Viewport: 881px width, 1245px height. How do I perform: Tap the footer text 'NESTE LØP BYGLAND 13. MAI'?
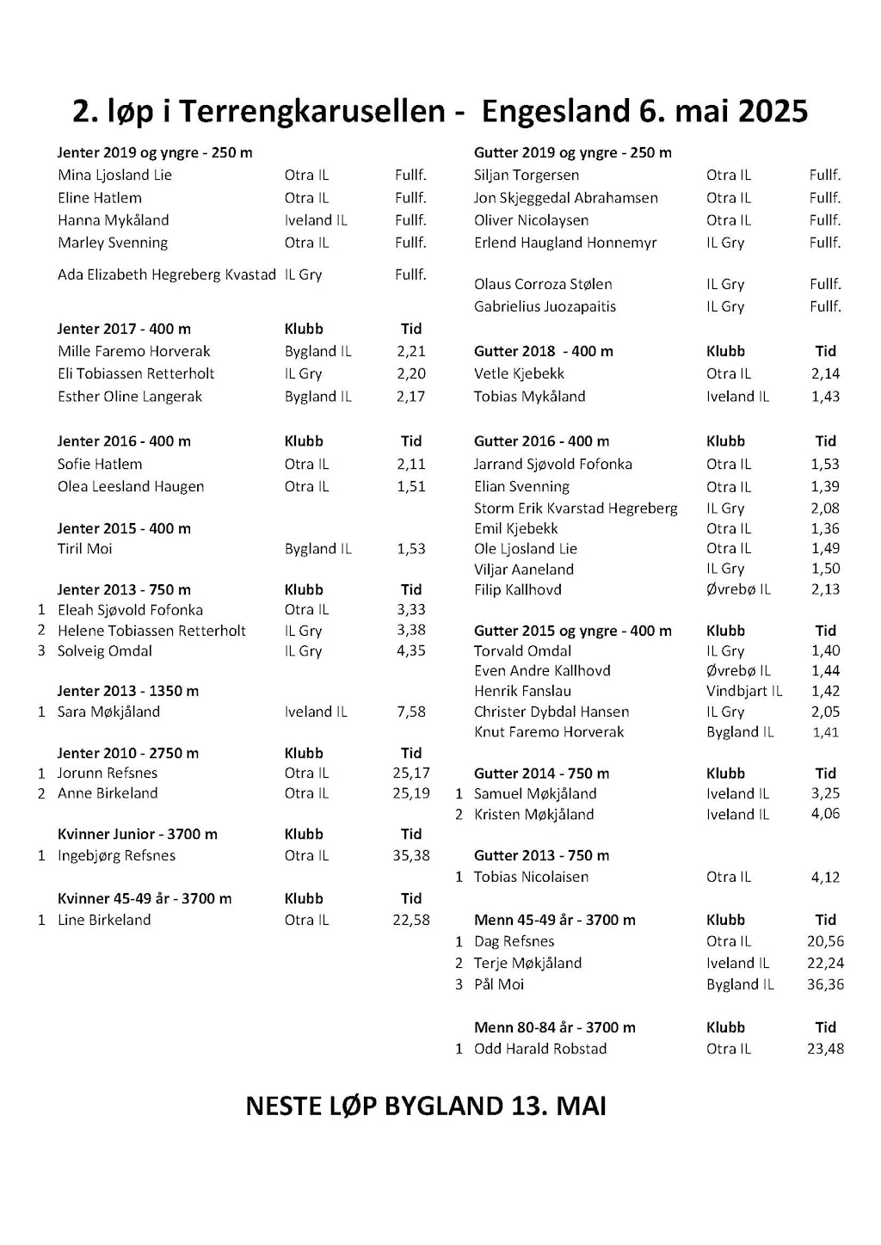pyautogui.click(x=426, y=1106)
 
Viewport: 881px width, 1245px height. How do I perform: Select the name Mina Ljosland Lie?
pyautogui.click(x=114, y=176)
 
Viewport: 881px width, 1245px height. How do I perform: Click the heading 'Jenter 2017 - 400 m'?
pyautogui.click(x=124, y=329)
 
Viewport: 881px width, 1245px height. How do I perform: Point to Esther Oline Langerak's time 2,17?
pyautogui.click(x=411, y=397)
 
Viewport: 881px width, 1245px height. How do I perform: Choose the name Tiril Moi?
pyautogui.click(x=84, y=549)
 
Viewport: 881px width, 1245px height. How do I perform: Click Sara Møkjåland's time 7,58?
pyautogui.click(x=411, y=712)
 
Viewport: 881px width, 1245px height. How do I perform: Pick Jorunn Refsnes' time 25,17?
pyautogui.click(x=411, y=773)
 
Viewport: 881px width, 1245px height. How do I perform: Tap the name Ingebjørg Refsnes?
pyautogui.click(x=116, y=855)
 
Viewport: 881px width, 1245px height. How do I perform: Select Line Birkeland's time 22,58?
pyautogui.click(x=411, y=920)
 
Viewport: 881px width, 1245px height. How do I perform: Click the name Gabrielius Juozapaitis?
pyautogui.click(x=545, y=306)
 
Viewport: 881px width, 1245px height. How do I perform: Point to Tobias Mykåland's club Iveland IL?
pyautogui.click(x=737, y=397)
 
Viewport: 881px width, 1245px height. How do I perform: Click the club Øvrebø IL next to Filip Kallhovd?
pyautogui.click(x=738, y=589)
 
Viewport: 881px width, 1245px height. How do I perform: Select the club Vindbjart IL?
pyautogui.click(x=744, y=691)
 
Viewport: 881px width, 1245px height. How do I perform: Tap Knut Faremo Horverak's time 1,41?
pyautogui.click(x=825, y=732)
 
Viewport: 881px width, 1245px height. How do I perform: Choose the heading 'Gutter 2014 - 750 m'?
pyautogui.click(x=541, y=774)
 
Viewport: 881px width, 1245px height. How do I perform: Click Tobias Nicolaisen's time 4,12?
pyautogui.click(x=825, y=877)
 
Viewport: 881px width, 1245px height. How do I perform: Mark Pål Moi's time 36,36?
pyautogui.click(x=825, y=984)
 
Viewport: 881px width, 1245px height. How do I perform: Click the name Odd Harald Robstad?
pyautogui.click(x=540, y=1049)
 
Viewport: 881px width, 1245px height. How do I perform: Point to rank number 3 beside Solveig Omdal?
pyautogui.click(x=41, y=650)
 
